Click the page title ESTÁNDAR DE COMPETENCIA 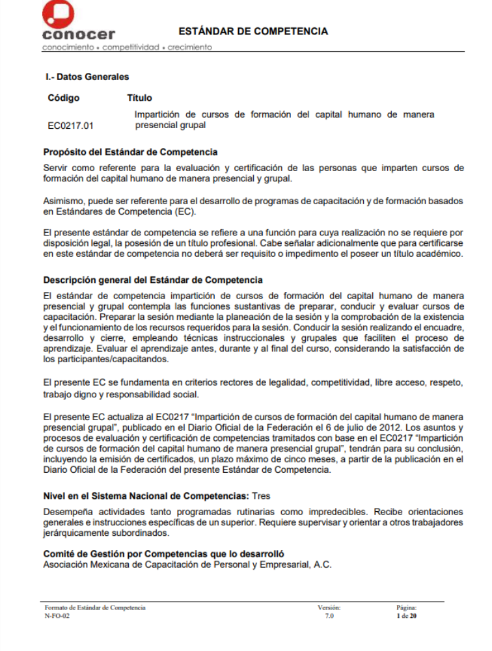point(253,31)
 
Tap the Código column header point(64,98)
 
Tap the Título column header point(139,98)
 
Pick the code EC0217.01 point(71,125)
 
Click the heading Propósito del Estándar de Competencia point(130,152)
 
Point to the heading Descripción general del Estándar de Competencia point(153,280)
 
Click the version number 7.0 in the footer point(329,615)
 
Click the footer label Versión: point(329,607)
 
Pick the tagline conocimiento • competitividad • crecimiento point(127,47)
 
